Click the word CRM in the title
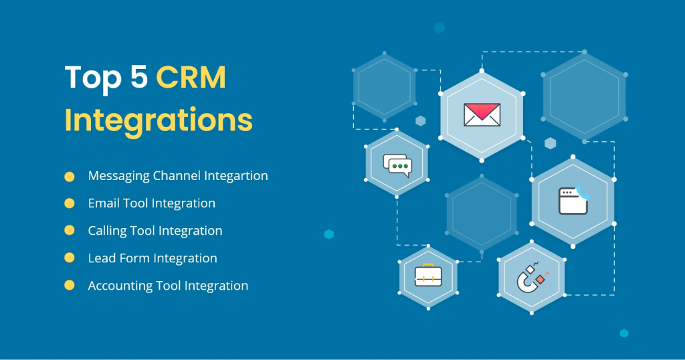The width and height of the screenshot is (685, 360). [191, 78]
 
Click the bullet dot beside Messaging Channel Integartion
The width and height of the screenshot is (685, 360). [70, 177]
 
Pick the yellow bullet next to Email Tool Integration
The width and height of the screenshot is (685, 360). [70, 203]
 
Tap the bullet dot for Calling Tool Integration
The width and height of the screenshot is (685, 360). [70, 230]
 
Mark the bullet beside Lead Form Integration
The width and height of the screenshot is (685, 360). [70, 258]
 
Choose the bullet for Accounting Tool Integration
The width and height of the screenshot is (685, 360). [70, 285]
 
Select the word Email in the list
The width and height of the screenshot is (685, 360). [103, 203]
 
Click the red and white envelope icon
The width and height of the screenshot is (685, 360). [482, 114]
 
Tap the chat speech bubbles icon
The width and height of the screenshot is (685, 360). [397, 165]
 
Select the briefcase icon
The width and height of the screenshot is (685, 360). [428, 274]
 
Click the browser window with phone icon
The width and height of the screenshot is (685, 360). [574, 199]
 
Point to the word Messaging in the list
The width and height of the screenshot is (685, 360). [118, 177]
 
